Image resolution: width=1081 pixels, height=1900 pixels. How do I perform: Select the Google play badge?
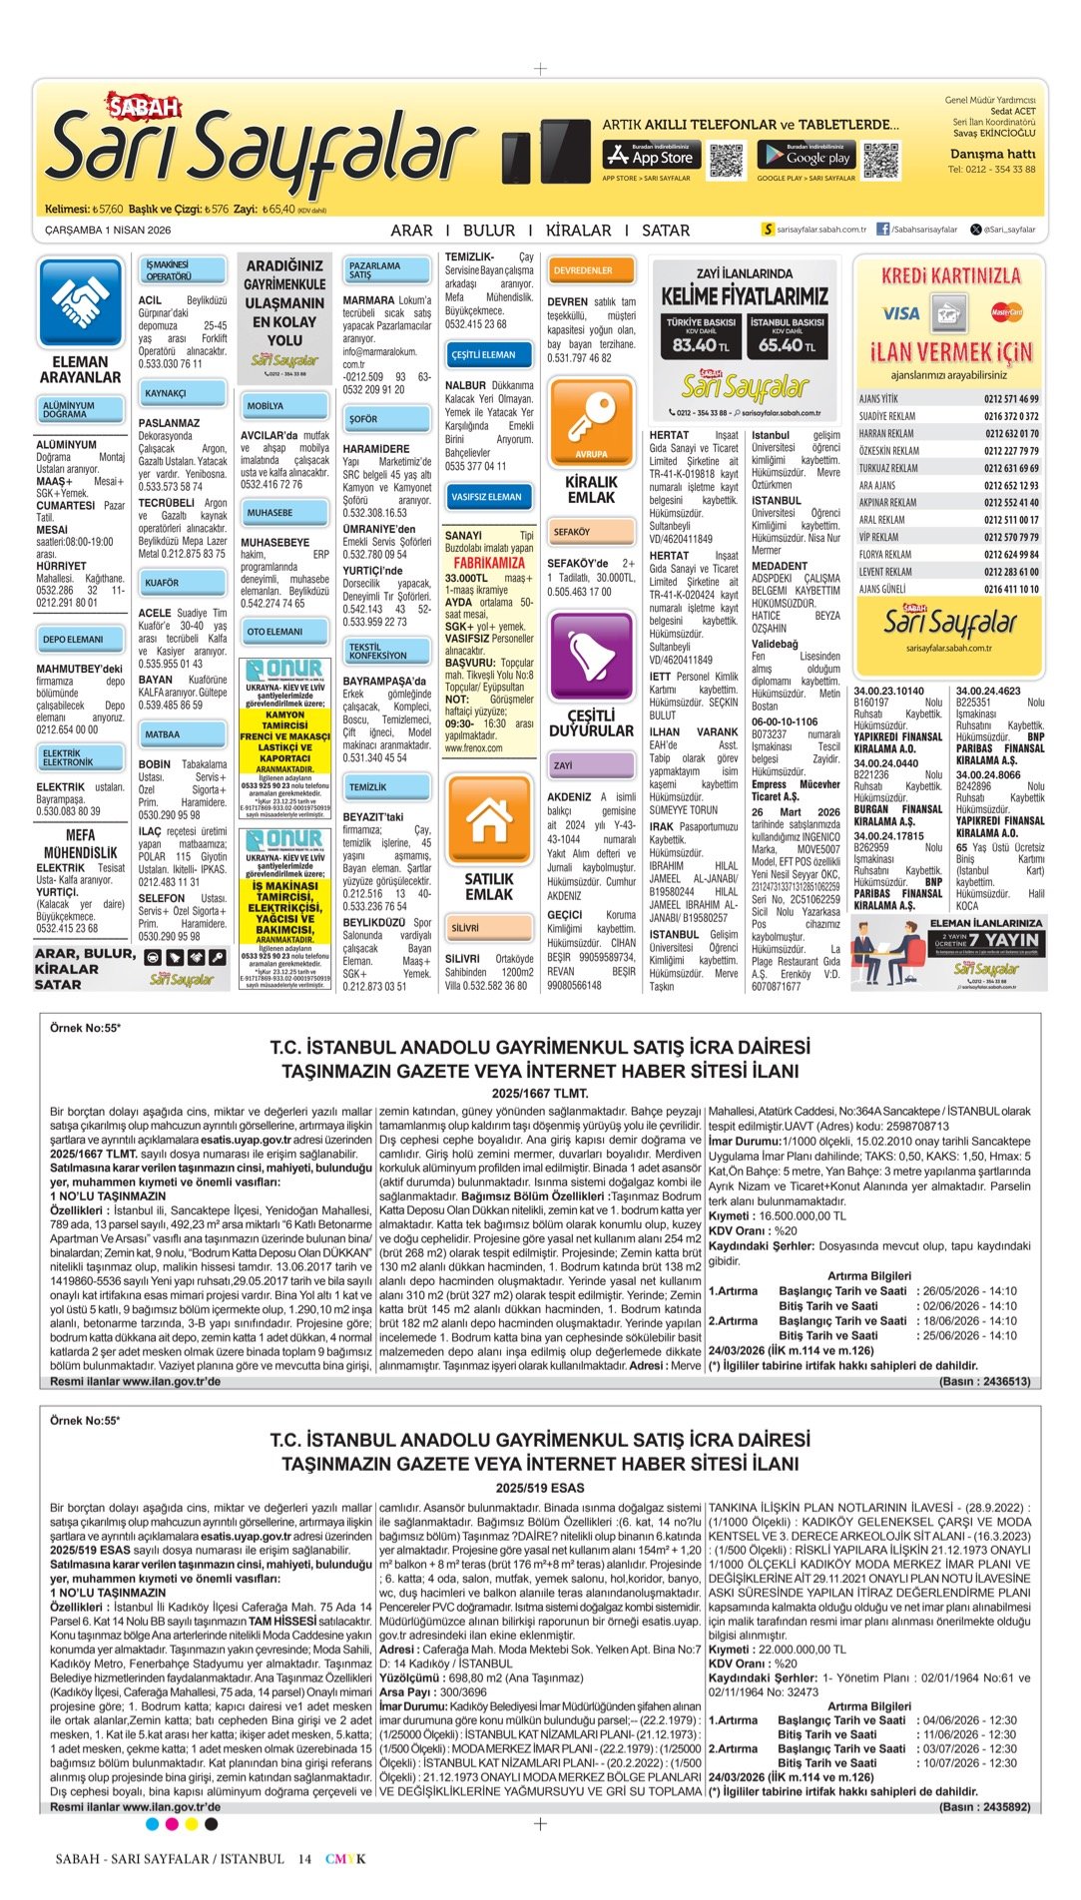point(806,156)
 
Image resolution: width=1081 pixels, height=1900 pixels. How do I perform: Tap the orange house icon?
point(489,821)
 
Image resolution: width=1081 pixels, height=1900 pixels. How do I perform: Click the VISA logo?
point(900,313)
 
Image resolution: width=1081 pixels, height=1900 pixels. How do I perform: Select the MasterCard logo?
point(1006,312)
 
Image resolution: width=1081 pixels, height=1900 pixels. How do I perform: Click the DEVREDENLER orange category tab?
point(591,270)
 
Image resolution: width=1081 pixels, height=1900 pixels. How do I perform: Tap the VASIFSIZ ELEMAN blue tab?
point(488,496)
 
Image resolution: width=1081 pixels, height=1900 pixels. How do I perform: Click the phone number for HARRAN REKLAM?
point(1011,434)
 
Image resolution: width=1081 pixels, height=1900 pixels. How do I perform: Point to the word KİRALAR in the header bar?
point(578,231)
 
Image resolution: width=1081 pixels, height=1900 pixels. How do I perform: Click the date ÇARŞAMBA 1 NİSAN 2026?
point(108,231)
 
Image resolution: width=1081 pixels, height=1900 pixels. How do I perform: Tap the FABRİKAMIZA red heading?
point(489,563)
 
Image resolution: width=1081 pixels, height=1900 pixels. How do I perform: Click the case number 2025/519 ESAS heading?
point(540,1488)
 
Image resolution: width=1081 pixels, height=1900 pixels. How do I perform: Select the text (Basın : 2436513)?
point(984,1381)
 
